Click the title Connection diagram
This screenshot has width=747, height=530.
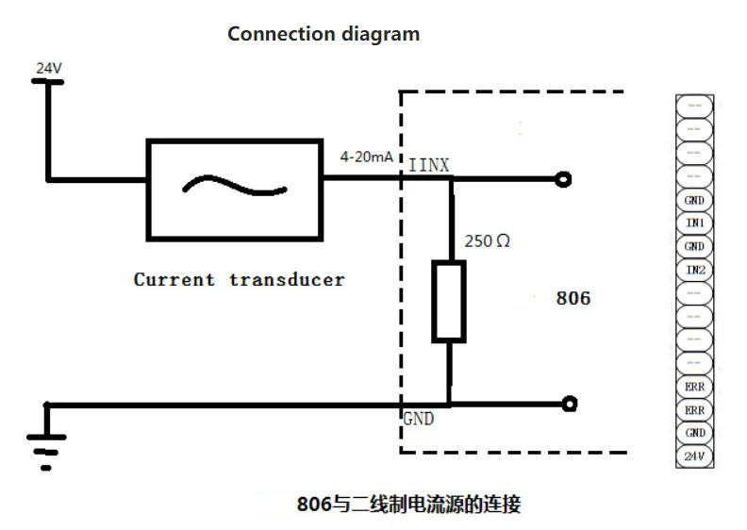click(x=324, y=34)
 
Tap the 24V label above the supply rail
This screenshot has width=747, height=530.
click(x=49, y=69)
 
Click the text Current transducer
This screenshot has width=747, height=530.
click(x=239, y=279)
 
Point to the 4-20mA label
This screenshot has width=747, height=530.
click(x=368, y=157)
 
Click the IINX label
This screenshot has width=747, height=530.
click(x=428, y=166)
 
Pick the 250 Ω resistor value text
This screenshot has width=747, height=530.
click(x=487, y=241)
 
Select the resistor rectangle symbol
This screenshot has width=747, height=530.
click(x=449, y=302)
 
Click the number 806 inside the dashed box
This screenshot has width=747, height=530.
click(x=573, y=298)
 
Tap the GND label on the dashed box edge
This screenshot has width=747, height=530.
click(x=419, y=418)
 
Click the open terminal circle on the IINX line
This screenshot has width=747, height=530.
click(x=563, y=179)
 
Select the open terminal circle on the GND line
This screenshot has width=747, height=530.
click(x=569, y=406)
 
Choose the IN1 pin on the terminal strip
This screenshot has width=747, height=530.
click(x=695, y=224)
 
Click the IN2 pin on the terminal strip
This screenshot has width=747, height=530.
click(x=695, y=271)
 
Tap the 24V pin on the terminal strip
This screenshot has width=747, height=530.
click(x=695, y=456)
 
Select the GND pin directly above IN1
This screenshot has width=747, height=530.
click(x=695, y=200)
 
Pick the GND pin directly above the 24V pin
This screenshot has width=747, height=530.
click(x=695, y=433)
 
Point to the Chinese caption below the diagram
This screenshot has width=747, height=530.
click(x=408, y=504)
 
